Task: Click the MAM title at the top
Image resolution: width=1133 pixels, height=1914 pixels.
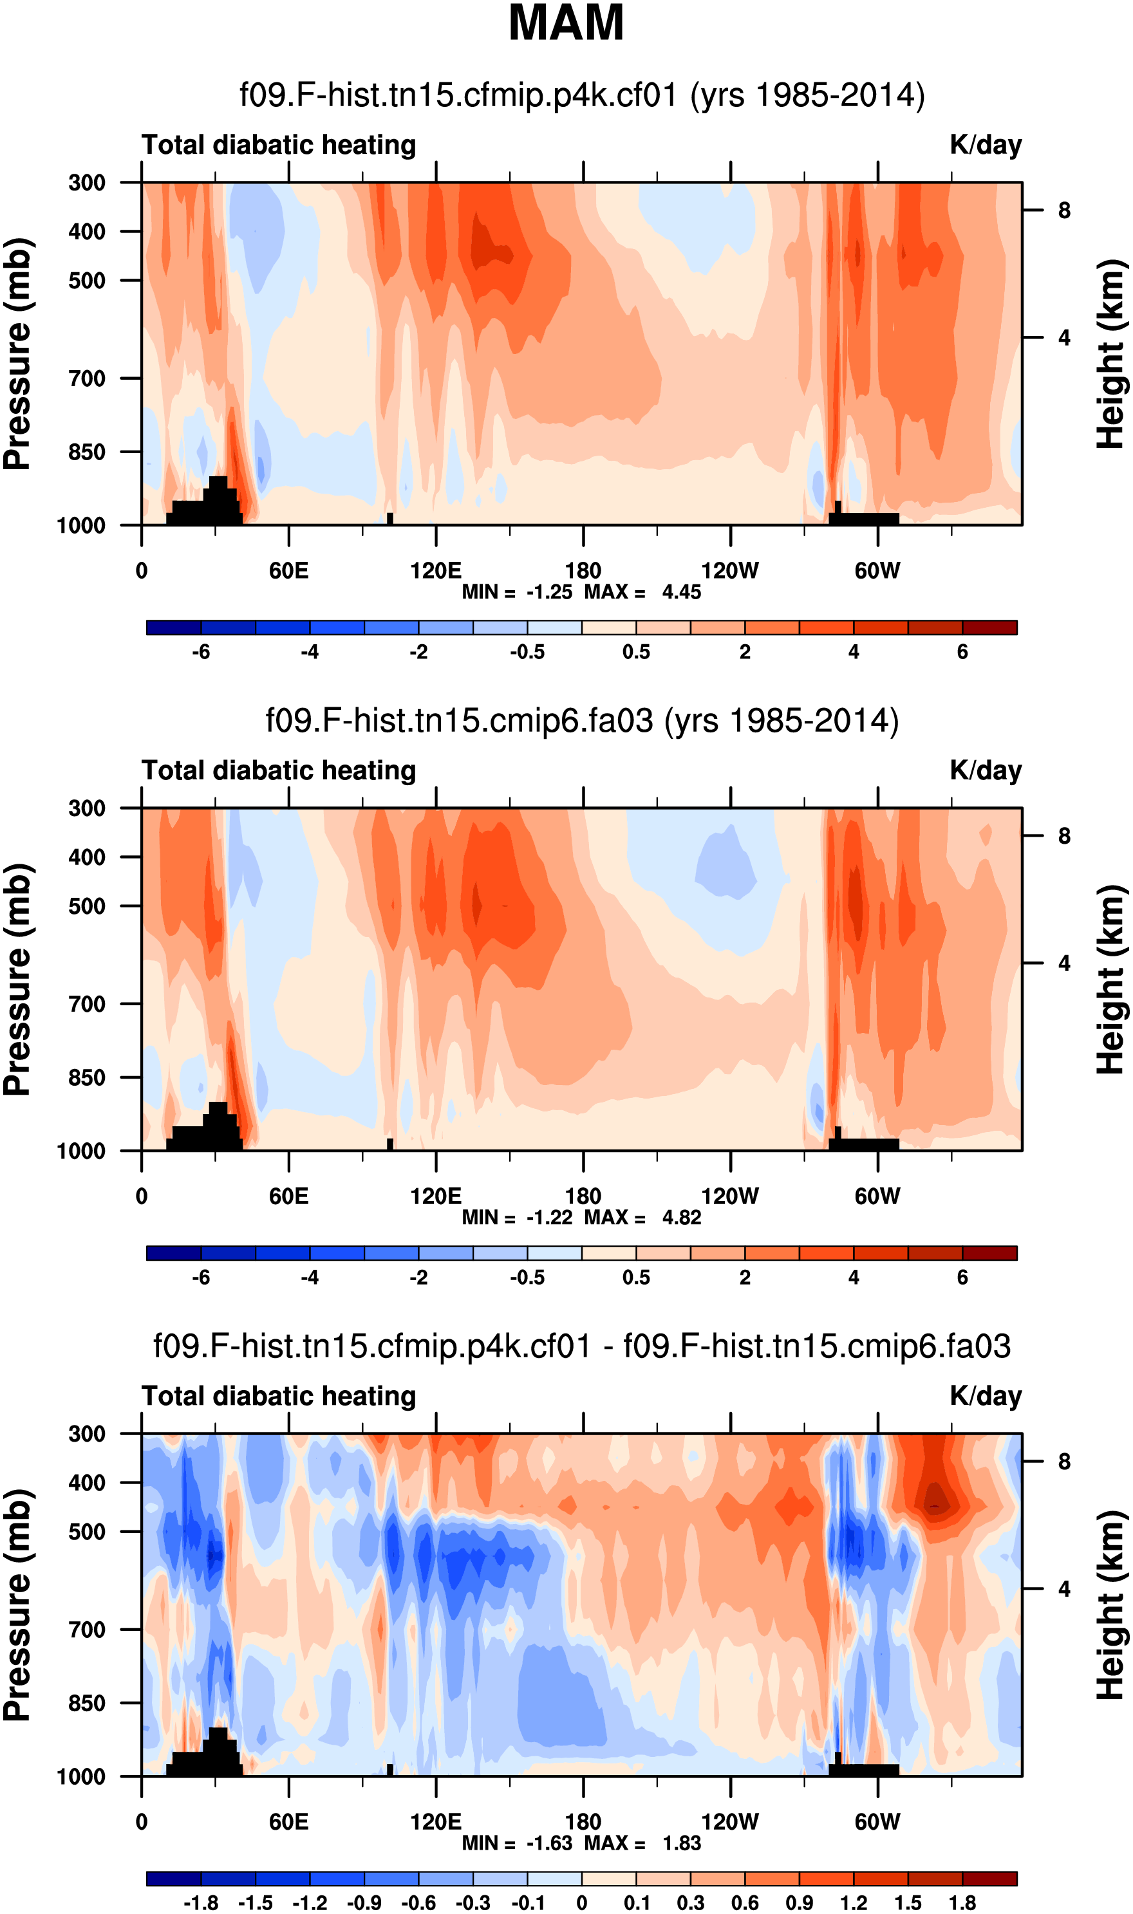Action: click(566, 23)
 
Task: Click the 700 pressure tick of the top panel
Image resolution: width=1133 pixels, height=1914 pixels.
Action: click(87, 378)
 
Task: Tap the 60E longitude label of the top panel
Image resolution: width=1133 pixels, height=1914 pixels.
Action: click(288, 571)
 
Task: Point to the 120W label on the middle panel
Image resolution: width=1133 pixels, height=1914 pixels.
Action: click(730, 1196)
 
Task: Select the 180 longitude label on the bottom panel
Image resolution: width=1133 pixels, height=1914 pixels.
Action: click(583, 1822)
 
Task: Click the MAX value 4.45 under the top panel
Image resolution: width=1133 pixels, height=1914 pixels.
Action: click(681, 592)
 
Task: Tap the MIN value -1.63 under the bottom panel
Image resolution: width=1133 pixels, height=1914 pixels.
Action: click(549, 1843)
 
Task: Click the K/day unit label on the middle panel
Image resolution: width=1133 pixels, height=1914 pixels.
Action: click(985, 771)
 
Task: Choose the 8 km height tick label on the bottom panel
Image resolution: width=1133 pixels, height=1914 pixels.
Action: click(1063, 1462)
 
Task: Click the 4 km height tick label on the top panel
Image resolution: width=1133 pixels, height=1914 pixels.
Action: click(1063, 337)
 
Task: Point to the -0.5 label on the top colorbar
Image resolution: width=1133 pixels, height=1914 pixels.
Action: click(528, 653)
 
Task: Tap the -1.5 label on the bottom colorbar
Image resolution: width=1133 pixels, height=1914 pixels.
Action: click(255, 1902)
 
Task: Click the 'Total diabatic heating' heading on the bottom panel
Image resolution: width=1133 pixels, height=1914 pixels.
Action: click(279, 1396)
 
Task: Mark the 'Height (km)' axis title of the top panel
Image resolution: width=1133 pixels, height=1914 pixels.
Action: click(1112, 354)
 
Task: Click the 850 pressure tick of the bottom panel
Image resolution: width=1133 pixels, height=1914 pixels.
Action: click(87, 1703)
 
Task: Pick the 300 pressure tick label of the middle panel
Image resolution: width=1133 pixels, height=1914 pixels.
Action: click(87, 808)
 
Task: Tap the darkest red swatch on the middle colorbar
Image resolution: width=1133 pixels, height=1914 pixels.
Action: click(989, 1253)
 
